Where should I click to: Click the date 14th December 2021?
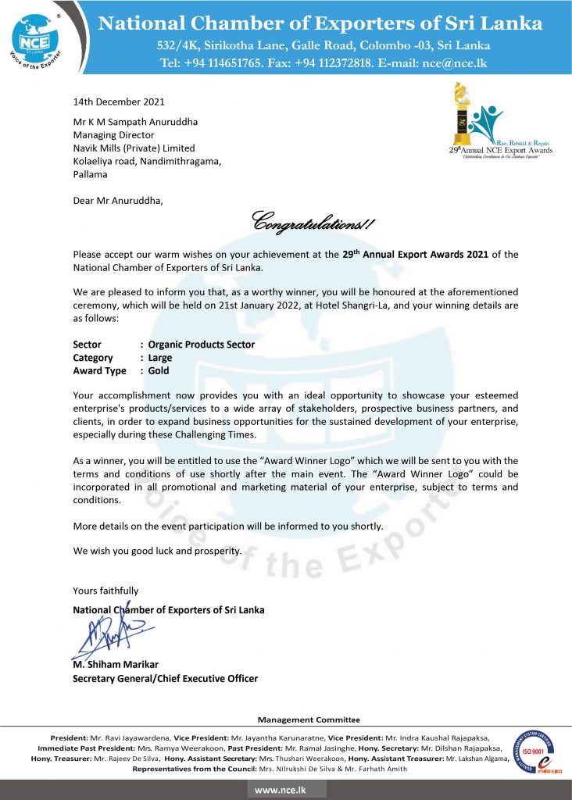point(119,102)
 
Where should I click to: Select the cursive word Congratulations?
point(313,223)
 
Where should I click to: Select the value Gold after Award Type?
point(159,371)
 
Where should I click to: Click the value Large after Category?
point(160,358)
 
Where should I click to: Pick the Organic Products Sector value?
point(202,344)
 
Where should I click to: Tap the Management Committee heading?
point(309,720)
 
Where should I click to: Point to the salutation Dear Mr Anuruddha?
point(119,201)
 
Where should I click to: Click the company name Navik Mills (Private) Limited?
point(134,148)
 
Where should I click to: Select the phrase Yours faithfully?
point(105,591)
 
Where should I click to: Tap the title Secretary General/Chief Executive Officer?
point(165,678)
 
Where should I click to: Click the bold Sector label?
point(87,344)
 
